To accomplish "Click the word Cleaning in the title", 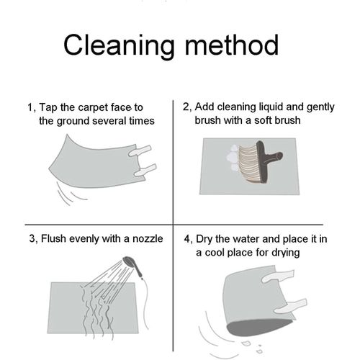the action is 119,45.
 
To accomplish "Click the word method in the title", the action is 232,45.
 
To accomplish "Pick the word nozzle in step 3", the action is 148,239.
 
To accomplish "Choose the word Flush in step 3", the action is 53,239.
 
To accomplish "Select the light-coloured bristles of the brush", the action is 248,163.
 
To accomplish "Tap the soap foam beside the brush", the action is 233,158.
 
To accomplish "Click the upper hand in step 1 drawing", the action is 140,150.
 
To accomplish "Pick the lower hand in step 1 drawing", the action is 145,170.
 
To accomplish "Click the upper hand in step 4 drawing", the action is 278,276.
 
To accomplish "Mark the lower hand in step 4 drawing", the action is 291,307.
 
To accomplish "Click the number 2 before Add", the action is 186,107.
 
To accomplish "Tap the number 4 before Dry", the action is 187,239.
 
